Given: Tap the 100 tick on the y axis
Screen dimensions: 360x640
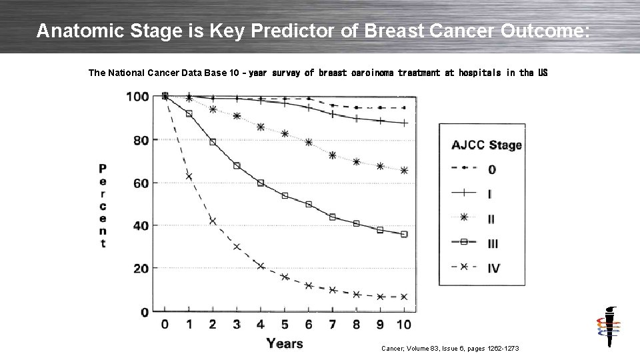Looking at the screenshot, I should [137, 97].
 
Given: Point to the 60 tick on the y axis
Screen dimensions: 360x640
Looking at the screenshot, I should [140, 183].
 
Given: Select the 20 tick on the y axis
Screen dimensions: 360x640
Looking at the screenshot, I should [140, 269].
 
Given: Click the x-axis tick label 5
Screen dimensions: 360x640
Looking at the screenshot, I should [285, 325].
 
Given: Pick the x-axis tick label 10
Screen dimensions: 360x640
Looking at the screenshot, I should [403, 325].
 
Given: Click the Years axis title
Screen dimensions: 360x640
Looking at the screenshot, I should [285, 343].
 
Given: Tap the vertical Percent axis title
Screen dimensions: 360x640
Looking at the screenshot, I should [103, 205].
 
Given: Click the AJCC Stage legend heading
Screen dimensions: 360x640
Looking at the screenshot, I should [487, 145].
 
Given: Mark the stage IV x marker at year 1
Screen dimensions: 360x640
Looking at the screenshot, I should [189, 177].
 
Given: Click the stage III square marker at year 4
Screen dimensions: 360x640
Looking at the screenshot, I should [261, 183].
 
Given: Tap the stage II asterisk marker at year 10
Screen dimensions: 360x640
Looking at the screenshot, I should [404, 171].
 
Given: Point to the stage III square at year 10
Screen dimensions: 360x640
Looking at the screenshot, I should [404, 235].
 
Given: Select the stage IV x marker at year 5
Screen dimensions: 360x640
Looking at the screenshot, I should [285, 277].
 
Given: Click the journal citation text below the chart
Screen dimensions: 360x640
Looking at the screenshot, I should [449, 349].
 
